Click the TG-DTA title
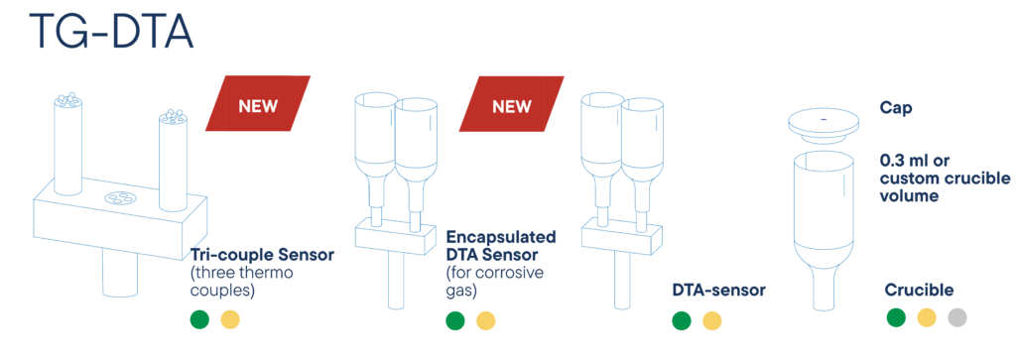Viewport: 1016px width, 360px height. tap(111, 32)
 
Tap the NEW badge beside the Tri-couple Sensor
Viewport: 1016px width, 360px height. tap(258, 104)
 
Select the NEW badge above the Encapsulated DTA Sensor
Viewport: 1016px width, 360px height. tap(512, 104)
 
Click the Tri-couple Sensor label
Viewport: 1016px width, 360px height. tap(261, 255)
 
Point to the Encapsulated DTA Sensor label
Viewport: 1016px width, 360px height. tap(500, 245)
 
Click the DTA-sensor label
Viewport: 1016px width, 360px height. tap(718, 291)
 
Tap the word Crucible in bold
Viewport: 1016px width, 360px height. tap(919, 291)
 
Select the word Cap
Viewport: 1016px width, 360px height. tap(896, 108)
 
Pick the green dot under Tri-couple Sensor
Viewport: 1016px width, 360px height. tap(199, 319)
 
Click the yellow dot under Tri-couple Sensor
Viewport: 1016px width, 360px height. tap(230, 319)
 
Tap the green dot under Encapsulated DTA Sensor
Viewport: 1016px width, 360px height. tap(454, 320)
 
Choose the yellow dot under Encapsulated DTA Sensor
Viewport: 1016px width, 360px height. tap(486, 320)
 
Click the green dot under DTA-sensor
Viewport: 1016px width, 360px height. tap(681, 320)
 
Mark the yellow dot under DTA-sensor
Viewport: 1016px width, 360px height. tap(712, 320)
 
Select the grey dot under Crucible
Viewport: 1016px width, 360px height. tap(957, 317)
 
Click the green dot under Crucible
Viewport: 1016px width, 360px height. tap(896, 317)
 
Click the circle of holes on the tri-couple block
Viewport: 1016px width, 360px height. tap(119, 197)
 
